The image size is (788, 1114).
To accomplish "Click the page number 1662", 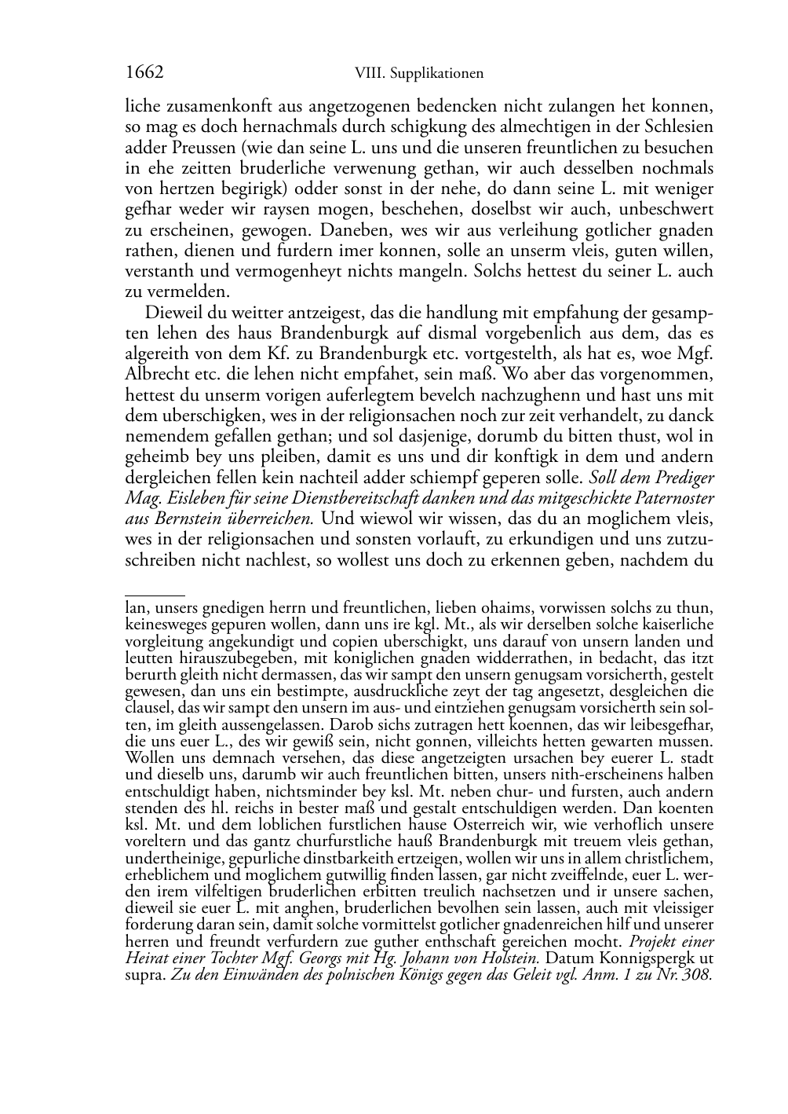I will pyautogui.click(x=144, y=73).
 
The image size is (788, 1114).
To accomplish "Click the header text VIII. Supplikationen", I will pyautogui.click(x=418, y=74).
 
